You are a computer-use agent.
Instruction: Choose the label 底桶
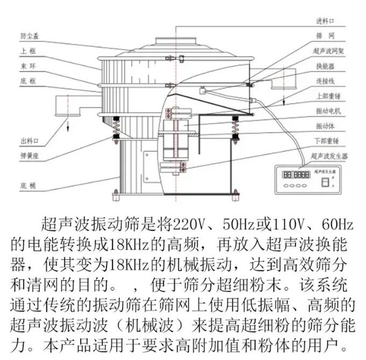25,186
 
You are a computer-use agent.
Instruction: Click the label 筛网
323,35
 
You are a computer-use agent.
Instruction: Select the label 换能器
325,66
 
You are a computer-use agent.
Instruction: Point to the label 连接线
325,81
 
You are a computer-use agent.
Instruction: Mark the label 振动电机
328,111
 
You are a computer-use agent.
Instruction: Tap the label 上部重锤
328,97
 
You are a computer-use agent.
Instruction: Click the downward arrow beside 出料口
67,124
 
